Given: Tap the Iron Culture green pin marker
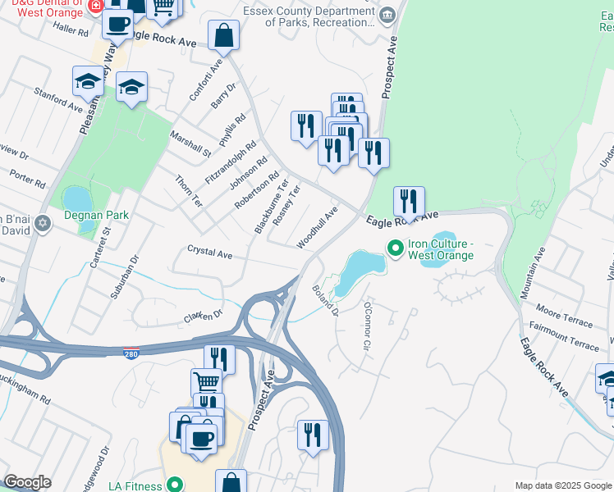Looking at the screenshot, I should coord(395,246).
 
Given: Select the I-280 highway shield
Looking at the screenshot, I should coord(133,354).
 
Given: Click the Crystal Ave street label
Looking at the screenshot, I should coord(209,252).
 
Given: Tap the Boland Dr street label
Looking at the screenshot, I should coord(325,299).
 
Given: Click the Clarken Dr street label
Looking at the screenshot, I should coord(204,315).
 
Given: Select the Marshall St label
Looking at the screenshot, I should coord(190,141).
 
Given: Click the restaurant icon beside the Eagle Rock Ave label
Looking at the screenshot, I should coord(408,201).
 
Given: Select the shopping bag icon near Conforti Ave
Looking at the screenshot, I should coord(223,35).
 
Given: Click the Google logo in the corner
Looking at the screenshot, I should coord(27,482).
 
